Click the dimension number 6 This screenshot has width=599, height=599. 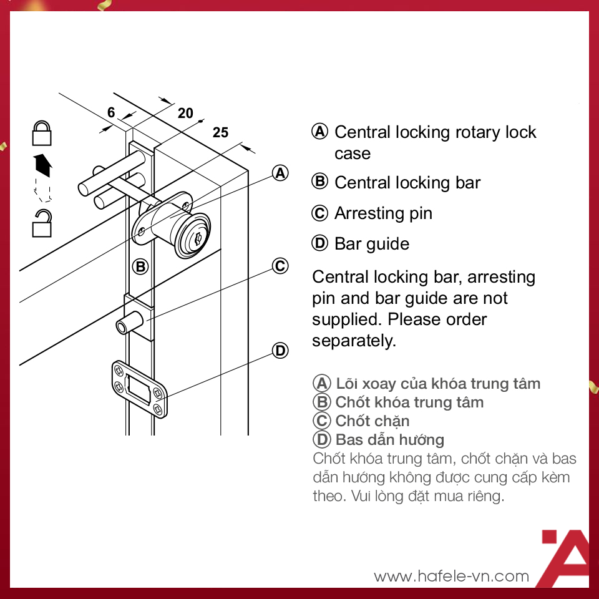click(x=111, y=112)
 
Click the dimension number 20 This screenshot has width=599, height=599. click(x=186, y=113)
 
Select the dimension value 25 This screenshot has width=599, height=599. click(x=220, y=132)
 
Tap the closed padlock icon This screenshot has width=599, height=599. click(x=42, y=133)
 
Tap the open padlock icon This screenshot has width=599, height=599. click(x=42, y=223)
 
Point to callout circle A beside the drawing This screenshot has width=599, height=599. click(x=280, y=173)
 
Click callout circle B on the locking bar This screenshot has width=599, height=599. click(x=140, y=266)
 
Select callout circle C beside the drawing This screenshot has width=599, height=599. click(x=280, y=266)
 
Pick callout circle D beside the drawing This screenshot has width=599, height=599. click(x=280, y=350)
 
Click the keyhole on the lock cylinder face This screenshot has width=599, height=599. click(x=198, y=240)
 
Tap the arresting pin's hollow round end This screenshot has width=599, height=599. click(x=122, y=328)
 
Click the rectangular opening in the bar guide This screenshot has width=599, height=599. click(x=139, y=387)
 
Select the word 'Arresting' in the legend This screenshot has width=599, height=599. click(x=370, y=213)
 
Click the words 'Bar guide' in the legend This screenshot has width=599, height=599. click(x=372, y=244)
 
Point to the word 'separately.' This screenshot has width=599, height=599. click(x=354, y=341)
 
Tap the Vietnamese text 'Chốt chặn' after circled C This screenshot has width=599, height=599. click(x=373, y=421)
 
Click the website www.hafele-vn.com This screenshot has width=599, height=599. click(x=452, y=576)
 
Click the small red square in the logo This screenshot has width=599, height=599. click(x=549, y=537)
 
